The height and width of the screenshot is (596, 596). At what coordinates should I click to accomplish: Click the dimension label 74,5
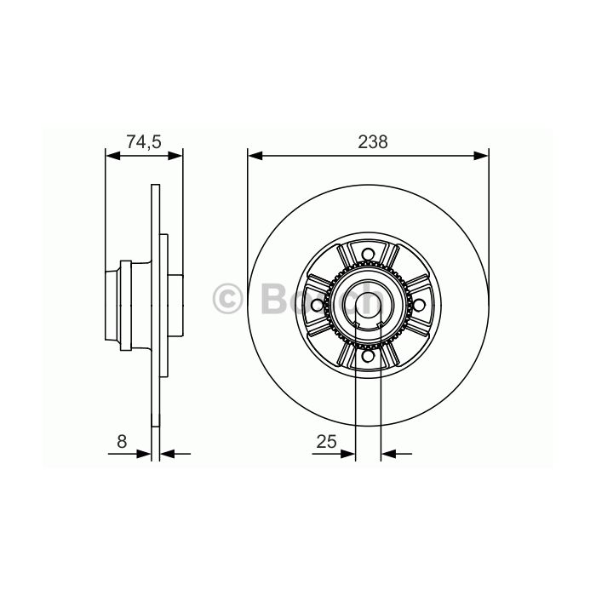point(144,142)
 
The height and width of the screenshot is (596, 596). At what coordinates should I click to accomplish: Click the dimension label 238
point(373,142)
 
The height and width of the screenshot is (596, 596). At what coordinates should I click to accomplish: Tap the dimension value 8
point(122,441)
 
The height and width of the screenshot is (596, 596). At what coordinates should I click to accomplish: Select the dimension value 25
point(326,441)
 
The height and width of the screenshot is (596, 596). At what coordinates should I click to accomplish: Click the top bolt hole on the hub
point(368,254)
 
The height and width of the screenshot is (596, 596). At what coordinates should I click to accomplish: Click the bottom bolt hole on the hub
point(368,356)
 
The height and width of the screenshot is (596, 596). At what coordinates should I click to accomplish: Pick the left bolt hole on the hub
point(317,305)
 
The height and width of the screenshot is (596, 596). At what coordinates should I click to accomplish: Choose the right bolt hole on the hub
point(419,305)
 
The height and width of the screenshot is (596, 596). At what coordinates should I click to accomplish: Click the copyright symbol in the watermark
point(227,299)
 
